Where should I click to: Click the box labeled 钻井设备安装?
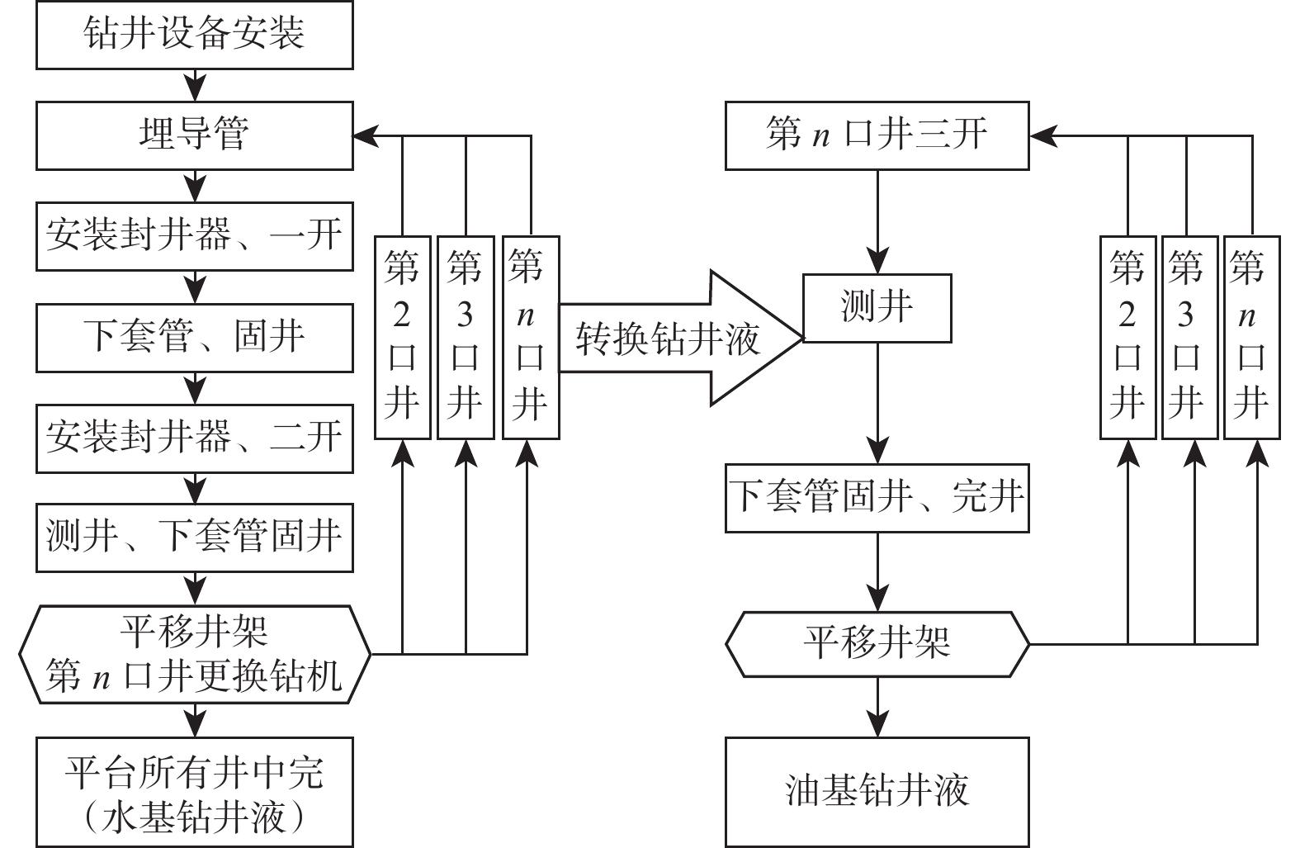pyautogui.click(x=195, y=34)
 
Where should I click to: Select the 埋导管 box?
pyautogui.click(x=195, y=135)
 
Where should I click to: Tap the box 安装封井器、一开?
pyautogui.click(x=195, y=236)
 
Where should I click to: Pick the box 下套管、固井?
pyautogui.click(x=195, y=337)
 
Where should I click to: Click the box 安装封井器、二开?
pyautogui.click(x=195, y=438)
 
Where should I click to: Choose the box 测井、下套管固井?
pyautogui.click(x=195, y=538)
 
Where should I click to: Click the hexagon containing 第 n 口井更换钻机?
pyautogui.click(x=195, y=655)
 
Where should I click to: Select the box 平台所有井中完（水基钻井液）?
pyautogui.click(x=195, y=792)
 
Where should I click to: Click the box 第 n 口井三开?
pyautogui.click(x=877, y=135)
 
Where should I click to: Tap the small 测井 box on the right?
pyautogui.click(x=877, y=308)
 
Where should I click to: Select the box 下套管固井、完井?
pyautogui.click(x=877, y=498)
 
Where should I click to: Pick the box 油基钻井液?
pyautogui.click(x=877, y=792)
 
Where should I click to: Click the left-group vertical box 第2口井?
pyautogui.click(x=403, y=337)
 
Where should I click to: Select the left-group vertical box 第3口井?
pyautogui.click(x=466, y=337)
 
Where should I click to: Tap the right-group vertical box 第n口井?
pyautogui.click(x=1250, y=337)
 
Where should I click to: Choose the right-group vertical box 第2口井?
pyautogui.click(x=1127, y=337)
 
